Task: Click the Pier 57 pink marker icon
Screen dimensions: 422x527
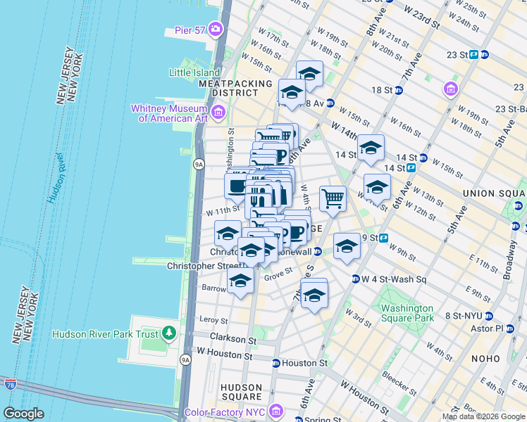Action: tap(215, 30)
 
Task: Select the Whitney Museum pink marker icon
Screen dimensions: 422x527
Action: tap(218, 113)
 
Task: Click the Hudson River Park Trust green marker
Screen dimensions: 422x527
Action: tap(168, 333)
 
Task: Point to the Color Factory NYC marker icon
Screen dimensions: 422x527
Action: tap(275, 411)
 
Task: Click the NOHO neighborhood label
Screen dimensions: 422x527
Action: tap(485, 359)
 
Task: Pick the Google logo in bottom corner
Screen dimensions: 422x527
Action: tap(23, 413)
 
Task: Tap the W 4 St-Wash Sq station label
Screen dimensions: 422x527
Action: tap(395, 279)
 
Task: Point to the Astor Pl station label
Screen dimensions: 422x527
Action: tap(489, 328)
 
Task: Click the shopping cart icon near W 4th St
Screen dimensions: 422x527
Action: tap(333, 199)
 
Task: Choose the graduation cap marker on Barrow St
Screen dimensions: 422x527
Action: tap(240, 281)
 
